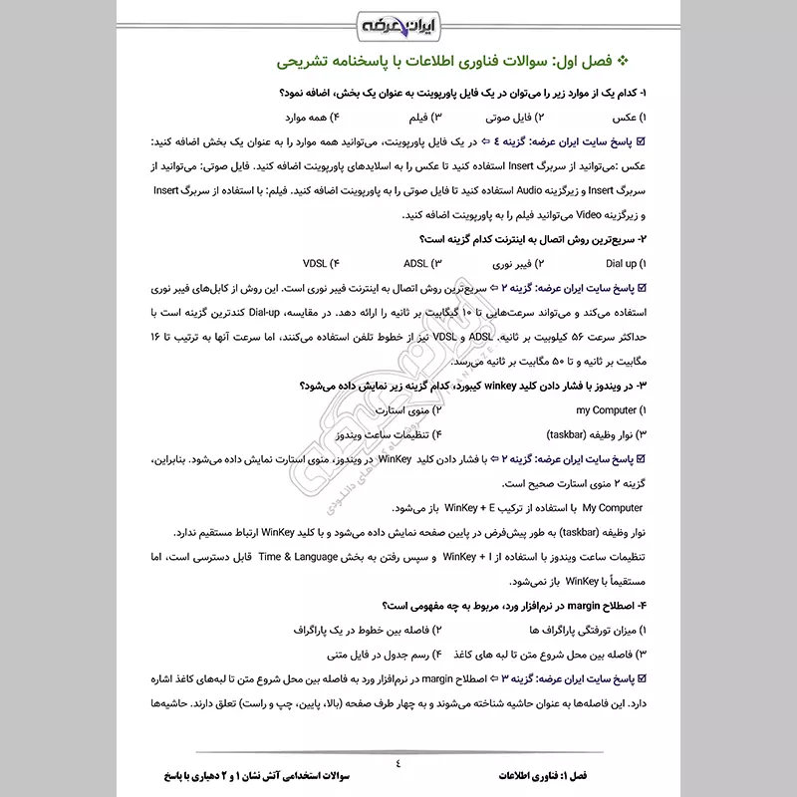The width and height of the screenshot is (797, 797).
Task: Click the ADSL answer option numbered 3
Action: click(x=422, y=264)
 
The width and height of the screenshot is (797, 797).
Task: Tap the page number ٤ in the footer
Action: click(x=398, y=764)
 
